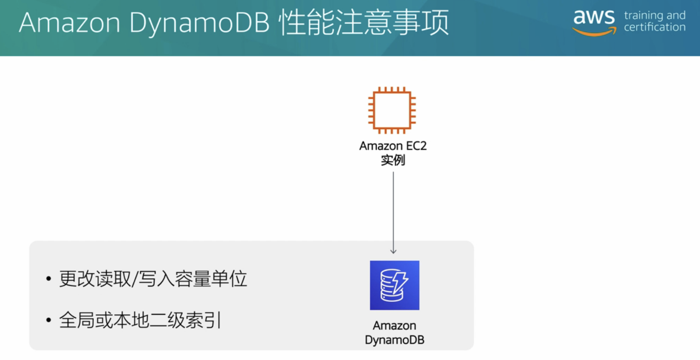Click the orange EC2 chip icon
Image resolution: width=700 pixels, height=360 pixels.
coord(392,110)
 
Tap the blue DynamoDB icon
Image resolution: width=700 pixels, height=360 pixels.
coord(394,285)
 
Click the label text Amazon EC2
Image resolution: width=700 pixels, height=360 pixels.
coord(393,146)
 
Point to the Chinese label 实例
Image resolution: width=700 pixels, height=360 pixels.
coord(393,160)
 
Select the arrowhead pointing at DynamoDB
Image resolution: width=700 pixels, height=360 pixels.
coord(393,251)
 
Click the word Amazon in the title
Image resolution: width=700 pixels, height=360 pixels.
coord(69,22)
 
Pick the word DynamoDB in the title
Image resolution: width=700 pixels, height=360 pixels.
coord(199,23)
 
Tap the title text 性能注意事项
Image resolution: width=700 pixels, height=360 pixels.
coord(364,22)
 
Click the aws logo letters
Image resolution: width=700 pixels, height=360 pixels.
coord(594,17)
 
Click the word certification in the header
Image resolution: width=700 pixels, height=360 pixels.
coord(654,27)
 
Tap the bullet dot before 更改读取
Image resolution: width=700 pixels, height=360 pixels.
coord(49,279)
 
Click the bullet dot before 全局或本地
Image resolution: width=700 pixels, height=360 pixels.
coord(49,320)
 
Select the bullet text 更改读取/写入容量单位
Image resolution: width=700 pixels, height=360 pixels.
coord(153,279)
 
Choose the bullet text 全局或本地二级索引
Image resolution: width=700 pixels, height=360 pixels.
coord(140,320)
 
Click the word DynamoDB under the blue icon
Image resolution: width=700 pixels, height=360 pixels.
coord(394,340)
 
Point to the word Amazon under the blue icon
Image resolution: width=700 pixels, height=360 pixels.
coord(394,326)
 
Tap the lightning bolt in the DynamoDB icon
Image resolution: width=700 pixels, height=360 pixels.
coord(400,282)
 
